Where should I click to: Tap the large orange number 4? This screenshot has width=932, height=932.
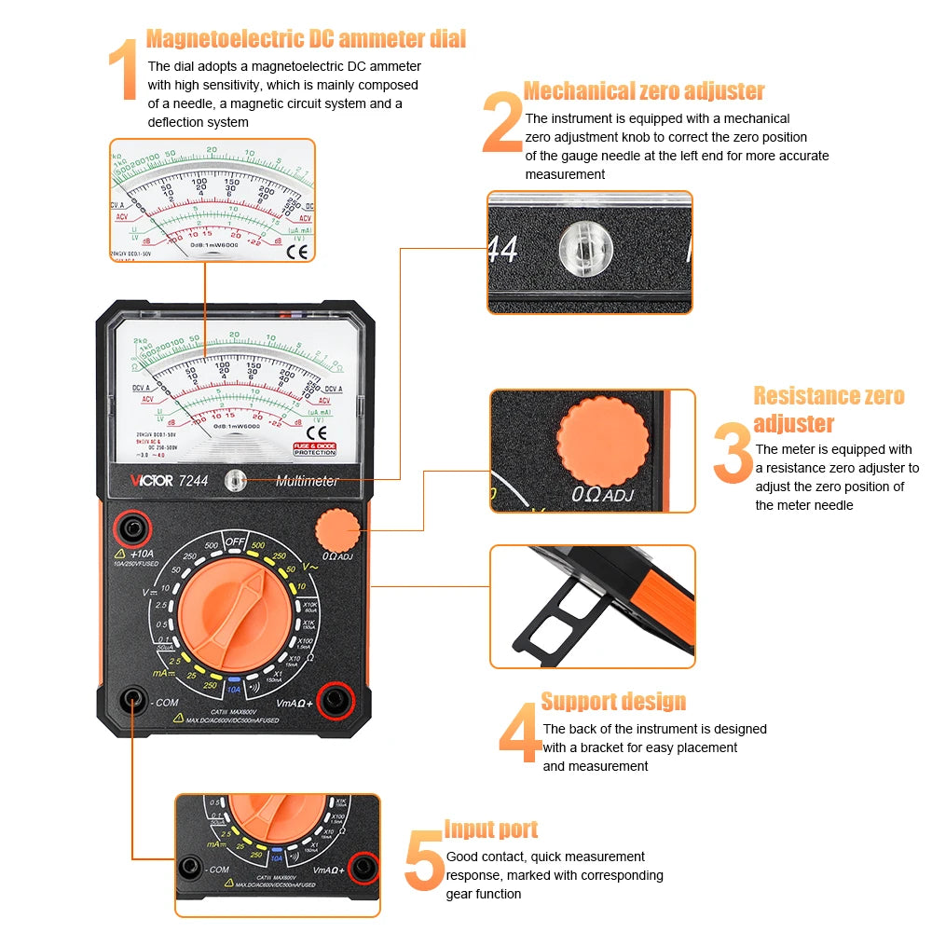pyautogui.click(x=518, y=735)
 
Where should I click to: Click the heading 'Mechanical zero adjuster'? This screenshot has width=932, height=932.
pyautogui.click(x=644, y=91)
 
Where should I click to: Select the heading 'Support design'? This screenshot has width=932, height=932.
pyautogui.click(x=613, y=702)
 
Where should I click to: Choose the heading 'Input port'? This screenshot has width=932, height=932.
pyautogui.click(x=491, y=829)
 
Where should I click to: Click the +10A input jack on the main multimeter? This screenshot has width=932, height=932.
pyautogui.click(x=132, y=531)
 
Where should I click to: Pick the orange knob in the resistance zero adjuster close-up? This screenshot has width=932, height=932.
pyautogui.click(x=604, y=438)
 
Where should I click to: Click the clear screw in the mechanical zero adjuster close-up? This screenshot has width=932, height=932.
pyautogui.click(x=583, y=250)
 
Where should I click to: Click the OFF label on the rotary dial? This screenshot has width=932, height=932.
pyautogui.click(x=234, y=542)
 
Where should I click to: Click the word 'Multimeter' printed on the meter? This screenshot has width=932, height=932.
pyautogui.click(x=307, y=481)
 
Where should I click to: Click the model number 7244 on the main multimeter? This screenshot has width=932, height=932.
pyautogui.click(x=193, y=481)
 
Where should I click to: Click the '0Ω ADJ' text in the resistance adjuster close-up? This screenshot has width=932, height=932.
pyautogui.click(x=602, y=494)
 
